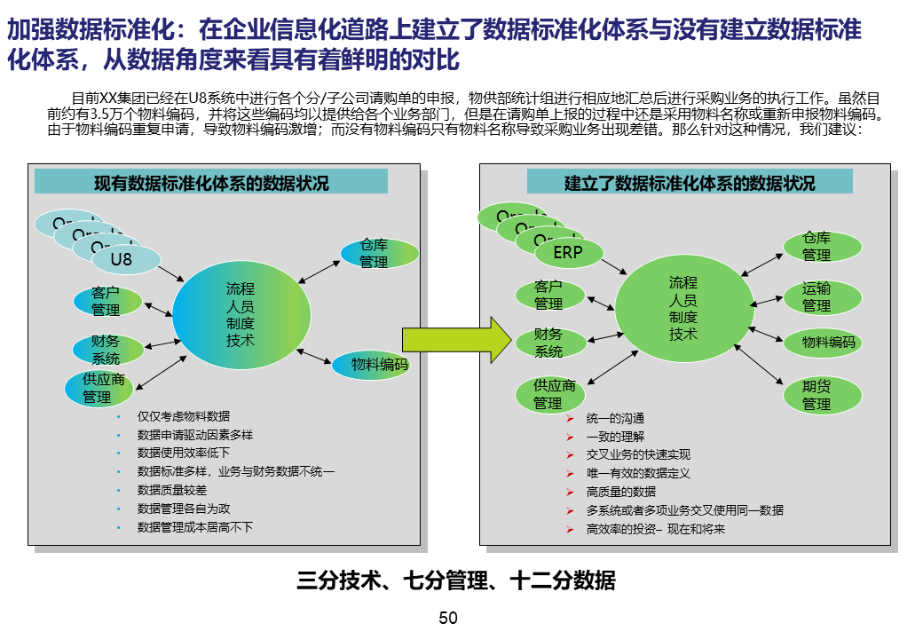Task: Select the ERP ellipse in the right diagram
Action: (x=567, y=253)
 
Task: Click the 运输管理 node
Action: (x=816, y=296)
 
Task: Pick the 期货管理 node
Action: (x=816, y=395)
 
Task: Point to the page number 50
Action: (x=448, y=618)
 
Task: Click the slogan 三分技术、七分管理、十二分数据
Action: (x=456, y=582)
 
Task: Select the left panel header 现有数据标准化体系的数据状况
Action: (x=211, y=183)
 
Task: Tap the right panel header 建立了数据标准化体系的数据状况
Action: (x=690, y=183)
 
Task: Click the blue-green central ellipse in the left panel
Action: (x=241, y=314)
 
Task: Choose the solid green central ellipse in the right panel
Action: (x=683, y=308)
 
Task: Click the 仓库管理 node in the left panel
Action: (x=379, y=253)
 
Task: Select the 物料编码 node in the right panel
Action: (x=822, y=343)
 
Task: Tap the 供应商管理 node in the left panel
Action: (x=104, y=388)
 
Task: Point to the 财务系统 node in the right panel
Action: (x=548, y=343)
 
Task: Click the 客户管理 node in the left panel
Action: (x=106, y=301)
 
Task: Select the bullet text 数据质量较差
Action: (x=172, y=490)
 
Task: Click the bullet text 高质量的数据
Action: (x=621, y=492)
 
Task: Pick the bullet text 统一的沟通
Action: (x=615, y=418)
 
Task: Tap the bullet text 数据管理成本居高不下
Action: (x=195, y=527)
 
